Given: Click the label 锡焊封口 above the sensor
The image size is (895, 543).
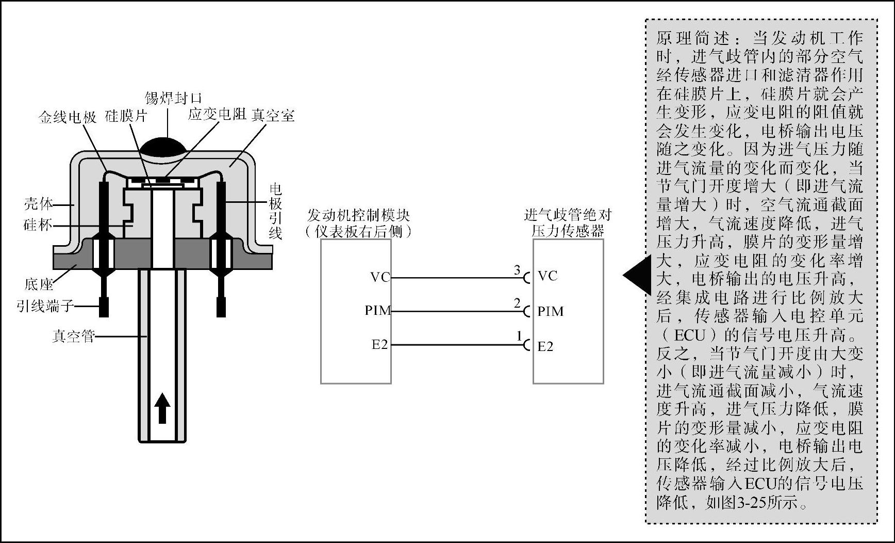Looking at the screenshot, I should tap(173, 98).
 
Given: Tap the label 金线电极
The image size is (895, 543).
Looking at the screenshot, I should tap(68, 117).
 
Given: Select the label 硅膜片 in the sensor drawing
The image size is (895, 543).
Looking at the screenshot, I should tap(126, 116).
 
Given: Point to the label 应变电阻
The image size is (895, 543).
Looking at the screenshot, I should tap(217, 114).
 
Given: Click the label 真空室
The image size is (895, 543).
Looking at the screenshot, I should tap(273, 115).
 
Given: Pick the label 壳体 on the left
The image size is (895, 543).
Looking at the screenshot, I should tap(38, 203).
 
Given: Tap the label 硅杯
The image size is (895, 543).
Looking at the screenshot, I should tap(38, 225).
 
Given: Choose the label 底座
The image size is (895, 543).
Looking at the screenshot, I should tap(39, 284).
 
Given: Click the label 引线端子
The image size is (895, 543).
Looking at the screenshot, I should tap(45, 306).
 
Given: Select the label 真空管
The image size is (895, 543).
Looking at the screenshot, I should tap(73, 337).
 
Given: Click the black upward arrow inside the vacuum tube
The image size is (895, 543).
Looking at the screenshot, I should tap(162, 408).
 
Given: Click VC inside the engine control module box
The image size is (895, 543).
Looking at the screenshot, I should tap(380, 277).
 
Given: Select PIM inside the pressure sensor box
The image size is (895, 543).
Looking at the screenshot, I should tap(551, 311).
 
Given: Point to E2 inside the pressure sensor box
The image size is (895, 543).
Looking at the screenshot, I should tap(545, 346).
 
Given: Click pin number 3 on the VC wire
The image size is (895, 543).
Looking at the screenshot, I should tap(517, 269).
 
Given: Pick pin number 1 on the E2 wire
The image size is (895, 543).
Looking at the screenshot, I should tap(519, 337).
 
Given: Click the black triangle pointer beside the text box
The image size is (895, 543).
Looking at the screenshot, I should tap(637, 275).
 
